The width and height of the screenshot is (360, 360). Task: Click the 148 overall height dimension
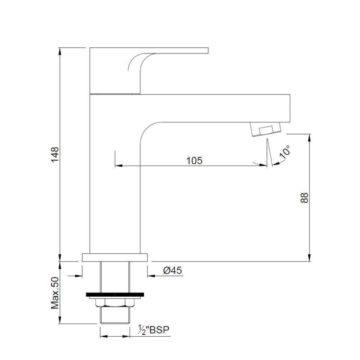pyautogui.click(x=55, y=155)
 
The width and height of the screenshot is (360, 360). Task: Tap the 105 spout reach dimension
pyautogui.click(x=194, y=161)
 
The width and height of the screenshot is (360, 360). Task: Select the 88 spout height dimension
pyautogui.click(x=305, y=198)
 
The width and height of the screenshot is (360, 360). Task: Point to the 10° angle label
pyautogui.click(x=285, y=152)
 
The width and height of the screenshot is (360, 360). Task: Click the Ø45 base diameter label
pyautogui.click(x=172, y=270)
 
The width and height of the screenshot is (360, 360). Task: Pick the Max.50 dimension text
pyautogui.click(x=55, y=293)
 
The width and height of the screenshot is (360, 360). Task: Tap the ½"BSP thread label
pyautogui.click(x=153, y=330)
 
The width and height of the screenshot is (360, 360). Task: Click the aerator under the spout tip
pyautogui.click(x=266, y=129)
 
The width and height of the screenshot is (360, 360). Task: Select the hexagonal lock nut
pyautogui.click(x=115, y=302)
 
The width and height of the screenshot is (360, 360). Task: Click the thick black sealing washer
pyautogui.click(x=115, y=295)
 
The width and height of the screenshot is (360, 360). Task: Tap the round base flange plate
pyautogui.click(x=115, y=257)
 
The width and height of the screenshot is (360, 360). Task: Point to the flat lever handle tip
pyautogui.click(x=207, y=50)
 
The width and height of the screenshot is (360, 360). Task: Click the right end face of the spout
pyautogui.click(x=290, y=108)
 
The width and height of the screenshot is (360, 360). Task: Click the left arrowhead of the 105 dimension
pyautogui.click(x=118, y=165)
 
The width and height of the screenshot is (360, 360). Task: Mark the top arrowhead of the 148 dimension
pyautogui.click(x=60, y=51)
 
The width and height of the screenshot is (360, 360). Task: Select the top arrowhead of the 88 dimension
pyautogui.click(x=309, y=138)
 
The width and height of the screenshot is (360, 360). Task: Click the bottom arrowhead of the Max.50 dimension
pyautogui.click(x=60, y=320)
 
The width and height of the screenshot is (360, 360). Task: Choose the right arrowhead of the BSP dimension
pyautogui.click(x=126, y=337)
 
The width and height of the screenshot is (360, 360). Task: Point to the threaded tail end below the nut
pyautogui.click(x=115, y=315)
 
